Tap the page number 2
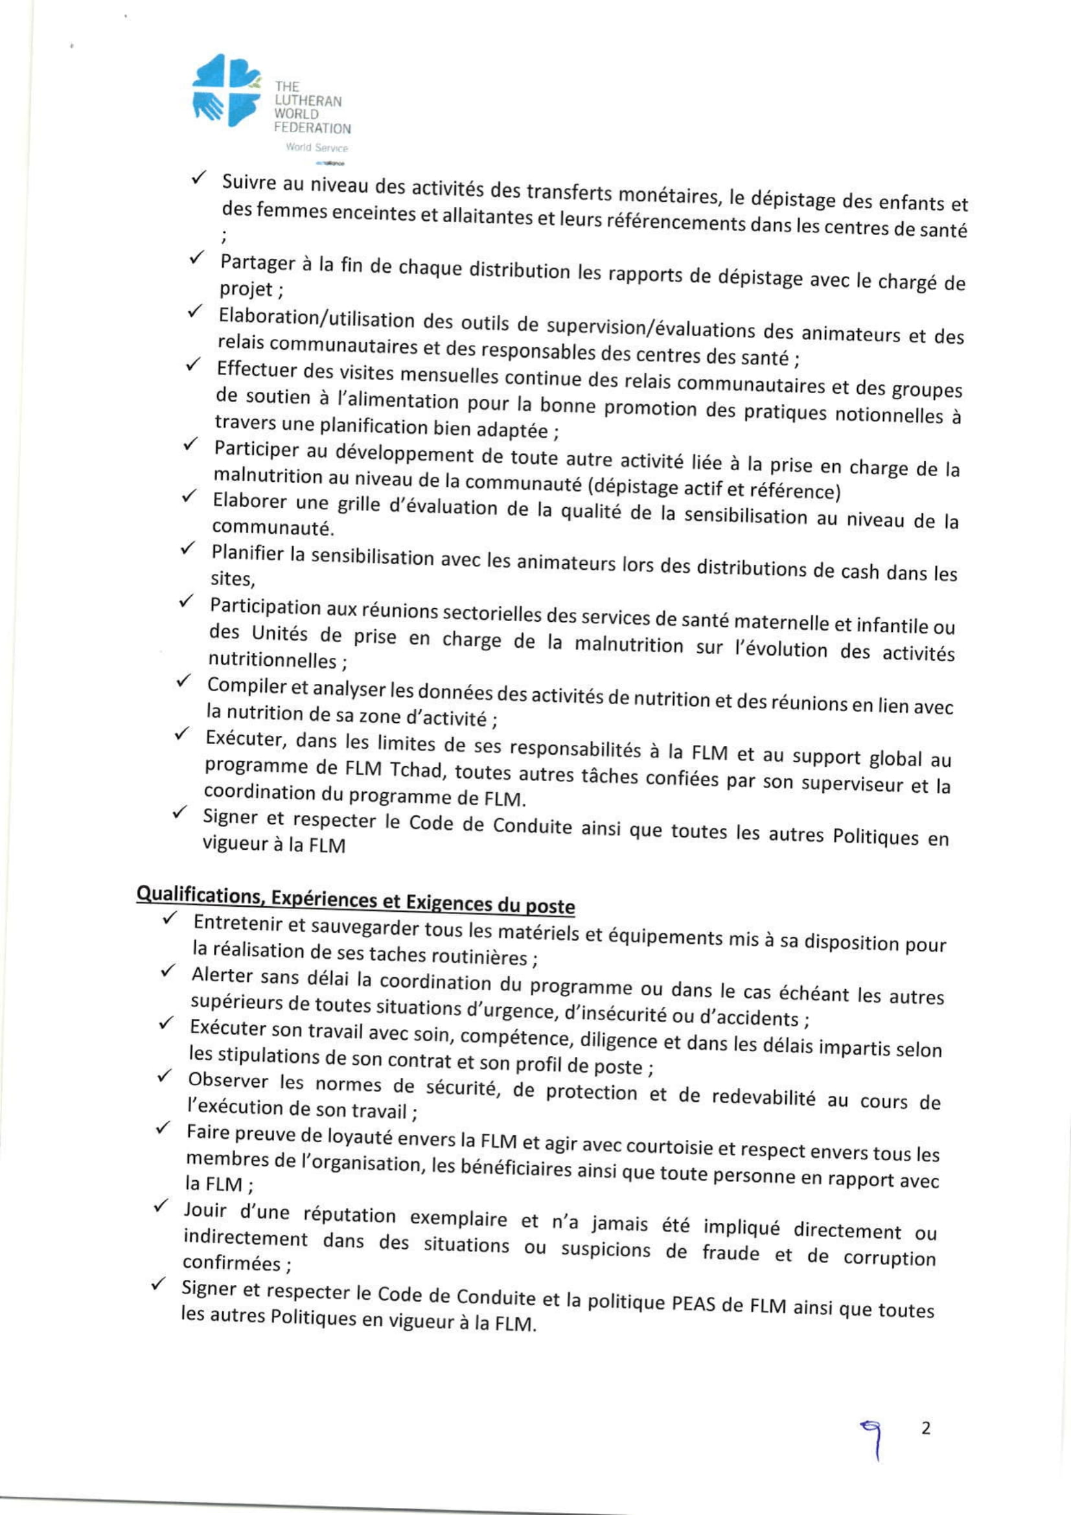[x=926, y=1428]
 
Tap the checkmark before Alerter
[x=168, y=972]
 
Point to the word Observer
[x=227, y=1080]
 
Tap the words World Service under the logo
[x=316, y=148]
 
